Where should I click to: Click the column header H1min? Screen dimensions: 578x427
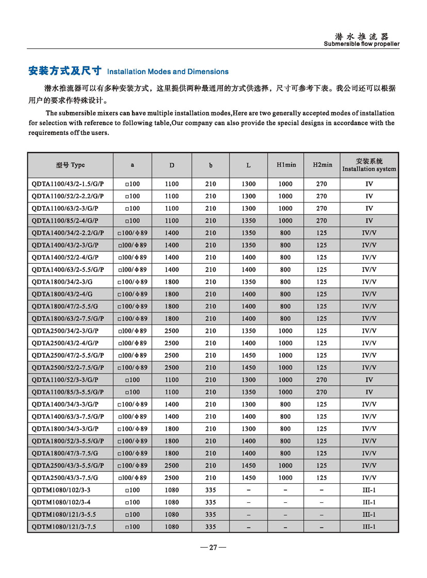[x=285, y=165]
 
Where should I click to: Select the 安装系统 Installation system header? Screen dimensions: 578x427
[x=369, y=165]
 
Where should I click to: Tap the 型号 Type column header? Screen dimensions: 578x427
[x=70, y=165]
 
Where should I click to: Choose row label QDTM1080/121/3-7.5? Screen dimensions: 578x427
[x=64, y=526]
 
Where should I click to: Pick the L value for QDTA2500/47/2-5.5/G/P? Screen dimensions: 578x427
[x=248, y=355]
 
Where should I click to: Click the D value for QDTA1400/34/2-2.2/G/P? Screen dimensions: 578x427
[x=172, y=233]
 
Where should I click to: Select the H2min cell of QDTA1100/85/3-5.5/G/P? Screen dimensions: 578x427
[x=322, y=392]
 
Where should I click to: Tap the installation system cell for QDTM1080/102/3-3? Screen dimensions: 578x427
[x=369, y=490]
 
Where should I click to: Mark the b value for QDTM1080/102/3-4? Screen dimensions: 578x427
[x=210, y=502]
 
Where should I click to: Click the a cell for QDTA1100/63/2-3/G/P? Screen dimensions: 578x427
[x=133, y=209]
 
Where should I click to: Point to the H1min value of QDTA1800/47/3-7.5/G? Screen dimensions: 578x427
[x=285, y=453]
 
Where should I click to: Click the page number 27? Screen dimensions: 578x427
[x=213, y=548]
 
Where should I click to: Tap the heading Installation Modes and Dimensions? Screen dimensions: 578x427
[x=168, y=72]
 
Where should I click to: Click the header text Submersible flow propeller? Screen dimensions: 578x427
[x=362, y=44]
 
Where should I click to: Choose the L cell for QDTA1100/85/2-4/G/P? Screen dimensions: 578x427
[x=248, y=220]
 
